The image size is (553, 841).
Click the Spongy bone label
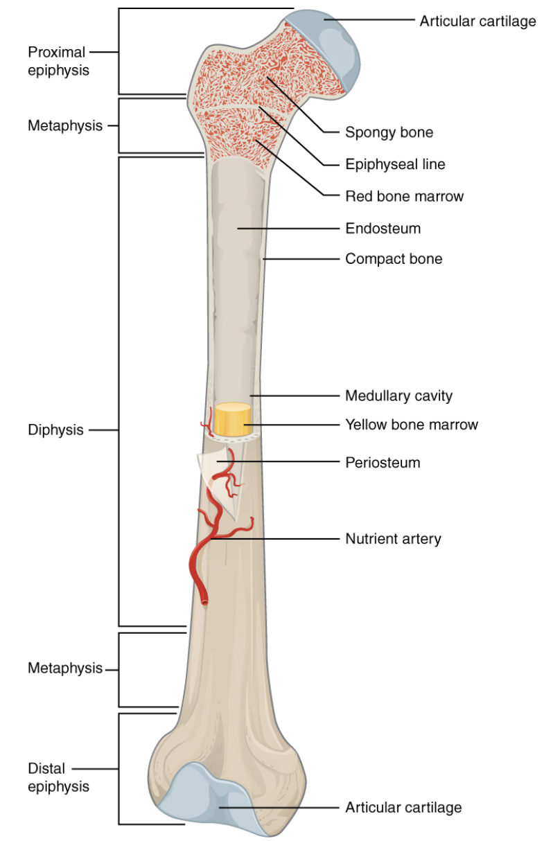click(x=389, y=132)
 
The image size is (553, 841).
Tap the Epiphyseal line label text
click(x=395, y=164)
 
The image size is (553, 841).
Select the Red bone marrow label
click(x=404, y=196)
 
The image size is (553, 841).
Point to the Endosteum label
click(x=383, y=229)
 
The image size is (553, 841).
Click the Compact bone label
click(x=394, y=258)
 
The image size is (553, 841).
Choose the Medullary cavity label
click(x=398, y=396)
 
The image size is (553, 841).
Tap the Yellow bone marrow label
click(x=412, y=425)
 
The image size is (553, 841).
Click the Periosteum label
click(x=383, y=463)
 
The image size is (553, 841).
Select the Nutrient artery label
click(x=393, y=539)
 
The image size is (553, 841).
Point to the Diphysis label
click(x=55, y=430)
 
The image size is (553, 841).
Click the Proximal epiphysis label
click(x=58, y=61)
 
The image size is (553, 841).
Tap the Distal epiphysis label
click(x=58, y=777)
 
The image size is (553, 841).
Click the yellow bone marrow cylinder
click(x=233, y=419)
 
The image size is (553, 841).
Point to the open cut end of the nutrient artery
click(x=204, y=602)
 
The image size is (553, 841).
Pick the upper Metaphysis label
click(x=65, y=126)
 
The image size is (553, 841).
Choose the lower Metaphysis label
click(x=65, y=668)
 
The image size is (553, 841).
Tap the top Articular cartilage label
click(x=478, y=21)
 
